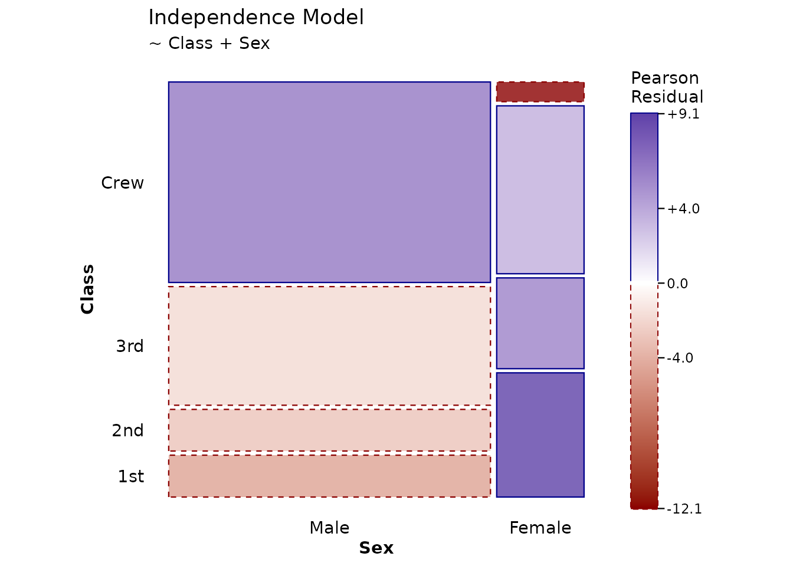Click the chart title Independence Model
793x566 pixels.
256,18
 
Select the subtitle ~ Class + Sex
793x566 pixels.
209,44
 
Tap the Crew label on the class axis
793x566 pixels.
123,183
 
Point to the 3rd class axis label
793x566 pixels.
130,346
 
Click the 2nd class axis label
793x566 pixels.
128,430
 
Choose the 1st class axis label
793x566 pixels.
131,476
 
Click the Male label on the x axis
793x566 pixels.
330,528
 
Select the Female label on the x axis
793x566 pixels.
540,528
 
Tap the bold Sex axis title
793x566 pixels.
376,548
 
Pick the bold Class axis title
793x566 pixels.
87,289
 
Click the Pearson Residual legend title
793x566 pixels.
667,87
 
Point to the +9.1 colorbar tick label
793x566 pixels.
683,114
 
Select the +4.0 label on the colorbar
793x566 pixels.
683,209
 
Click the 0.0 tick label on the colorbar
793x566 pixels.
677,284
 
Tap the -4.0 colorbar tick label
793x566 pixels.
680,358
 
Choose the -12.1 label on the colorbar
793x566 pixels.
684,509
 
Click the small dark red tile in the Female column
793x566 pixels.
540,92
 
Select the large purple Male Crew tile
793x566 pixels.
330,182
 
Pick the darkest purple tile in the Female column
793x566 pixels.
540,435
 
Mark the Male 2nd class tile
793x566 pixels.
330,430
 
